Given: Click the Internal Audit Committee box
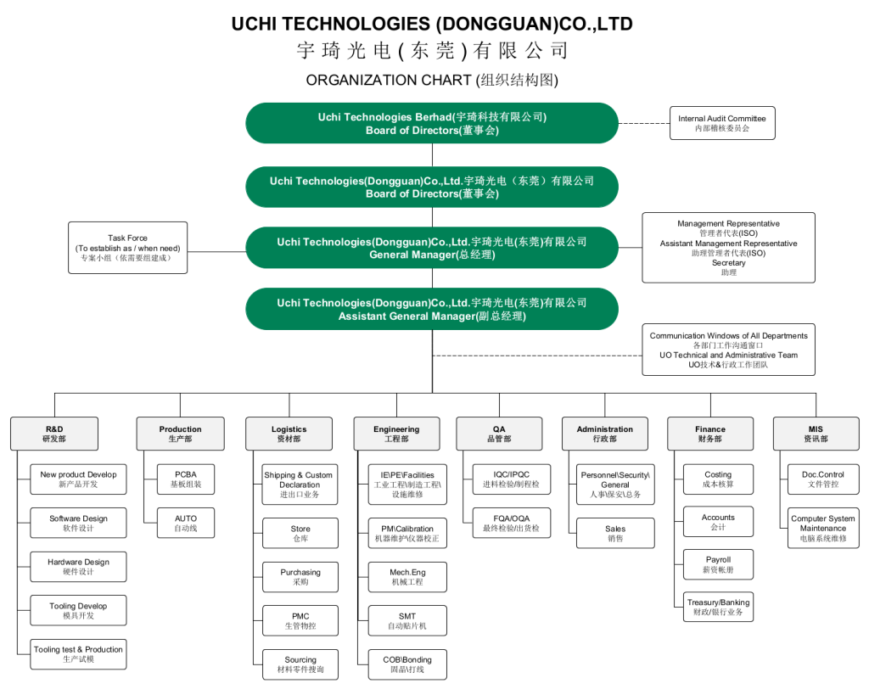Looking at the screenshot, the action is click(x=722, y=123).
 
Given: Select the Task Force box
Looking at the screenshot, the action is click(x=127, y=248).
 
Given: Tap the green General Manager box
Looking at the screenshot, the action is click(x=432, y=248).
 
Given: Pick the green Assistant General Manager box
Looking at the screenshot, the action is click(x=432, y=309).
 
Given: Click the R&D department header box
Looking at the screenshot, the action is click(x=54, y=434).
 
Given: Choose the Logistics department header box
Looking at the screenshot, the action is click(x=289, y=434).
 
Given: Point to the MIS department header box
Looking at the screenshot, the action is click(x=816, y=434).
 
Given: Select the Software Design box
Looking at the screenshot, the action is click(x=78, y=523).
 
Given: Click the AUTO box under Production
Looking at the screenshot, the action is click(x=186, y=523).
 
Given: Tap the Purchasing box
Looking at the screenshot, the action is click(x=300, y=577).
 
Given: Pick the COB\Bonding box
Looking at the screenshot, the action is click(x=407, y=664).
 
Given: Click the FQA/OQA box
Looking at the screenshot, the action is click(x=512, y=523).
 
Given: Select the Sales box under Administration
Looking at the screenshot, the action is click(x=615, y=533).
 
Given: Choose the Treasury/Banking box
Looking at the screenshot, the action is click(x=718, y=607).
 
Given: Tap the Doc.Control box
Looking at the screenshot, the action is click(x=823, y=479).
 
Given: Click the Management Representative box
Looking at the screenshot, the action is click(x=728, y=248).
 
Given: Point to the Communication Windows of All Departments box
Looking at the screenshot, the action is click(x=728, y=350).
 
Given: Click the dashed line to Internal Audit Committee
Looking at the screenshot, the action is click(x=644, y=123).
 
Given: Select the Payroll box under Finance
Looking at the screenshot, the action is click(x=718, y=564).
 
